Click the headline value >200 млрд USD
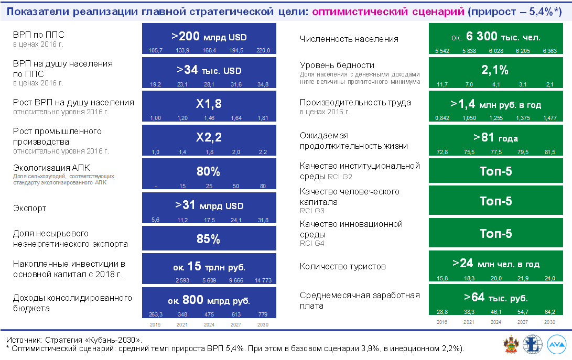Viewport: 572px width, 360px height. pos(208,37)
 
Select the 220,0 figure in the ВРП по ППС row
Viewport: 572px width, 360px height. pos(262,50)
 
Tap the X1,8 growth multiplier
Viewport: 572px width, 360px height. pos(208,104)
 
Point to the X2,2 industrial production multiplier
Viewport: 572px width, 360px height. pos(208,138)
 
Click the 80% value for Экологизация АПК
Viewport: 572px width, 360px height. pos(208,172)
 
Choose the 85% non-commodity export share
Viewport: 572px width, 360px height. pos(208,239)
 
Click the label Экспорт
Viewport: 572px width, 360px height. pos(29,208)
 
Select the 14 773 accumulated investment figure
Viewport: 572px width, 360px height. pos(262,281)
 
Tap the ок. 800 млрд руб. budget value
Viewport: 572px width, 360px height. pos(208,301)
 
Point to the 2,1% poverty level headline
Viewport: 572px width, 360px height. pos(495,70)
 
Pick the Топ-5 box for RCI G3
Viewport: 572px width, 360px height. pos(495,201)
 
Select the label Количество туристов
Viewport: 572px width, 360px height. pos(342,266)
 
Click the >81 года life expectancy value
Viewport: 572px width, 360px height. pos(495,138)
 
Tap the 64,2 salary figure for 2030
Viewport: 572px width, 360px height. pos(549,311)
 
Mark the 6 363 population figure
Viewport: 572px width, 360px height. pos(549,50)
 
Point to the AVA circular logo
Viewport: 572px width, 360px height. pos(556,345)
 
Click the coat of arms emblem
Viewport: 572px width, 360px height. pos(510,345)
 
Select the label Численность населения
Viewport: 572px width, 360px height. pos(349,39)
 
